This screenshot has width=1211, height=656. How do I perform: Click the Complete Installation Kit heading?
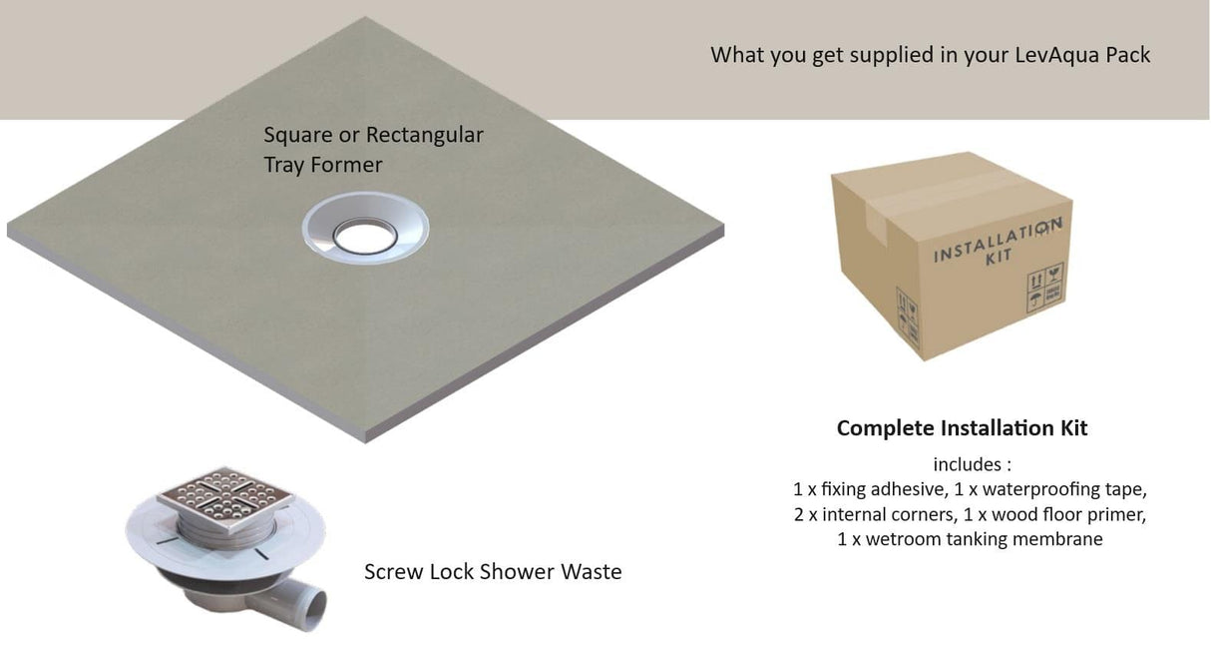click(962, 428)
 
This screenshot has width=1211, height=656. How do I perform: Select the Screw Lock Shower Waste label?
click(493, 572)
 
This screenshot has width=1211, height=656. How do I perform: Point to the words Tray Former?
click(323, 165)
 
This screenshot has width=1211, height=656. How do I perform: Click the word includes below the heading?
click(966, 464)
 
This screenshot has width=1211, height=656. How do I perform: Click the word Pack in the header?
click(1127, 55)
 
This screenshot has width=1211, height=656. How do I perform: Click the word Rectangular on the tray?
click(425, 135)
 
